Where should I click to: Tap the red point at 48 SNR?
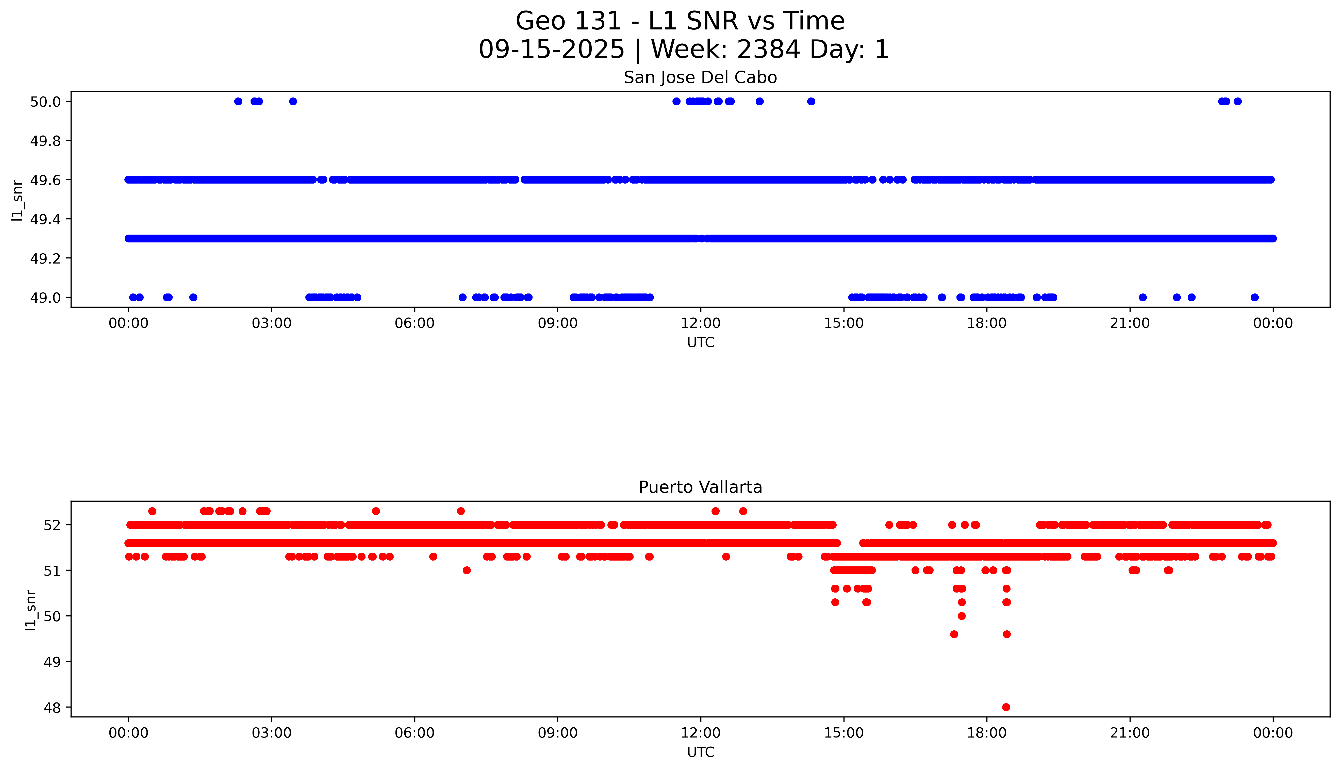(x=1006, y=707)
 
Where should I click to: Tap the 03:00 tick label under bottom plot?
(x=272, y=733)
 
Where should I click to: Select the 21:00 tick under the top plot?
(x=1130, y=323)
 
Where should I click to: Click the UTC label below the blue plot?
(x=700, y=343)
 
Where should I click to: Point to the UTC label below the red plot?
(x=700, y=752)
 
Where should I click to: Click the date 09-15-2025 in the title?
(x=551, y=50)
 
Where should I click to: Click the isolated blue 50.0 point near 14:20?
(x=811, y=102)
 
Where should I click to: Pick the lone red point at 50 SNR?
(x=962, y=616)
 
